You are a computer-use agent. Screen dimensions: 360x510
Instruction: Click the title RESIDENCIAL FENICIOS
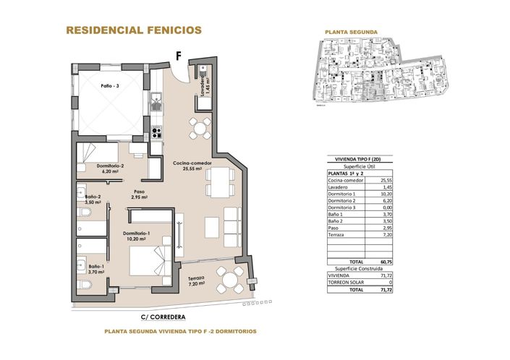pyautogui.click(x=134, y=30)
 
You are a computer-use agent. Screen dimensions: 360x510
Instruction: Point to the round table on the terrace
pyautogui.click(x=231, y=278)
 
